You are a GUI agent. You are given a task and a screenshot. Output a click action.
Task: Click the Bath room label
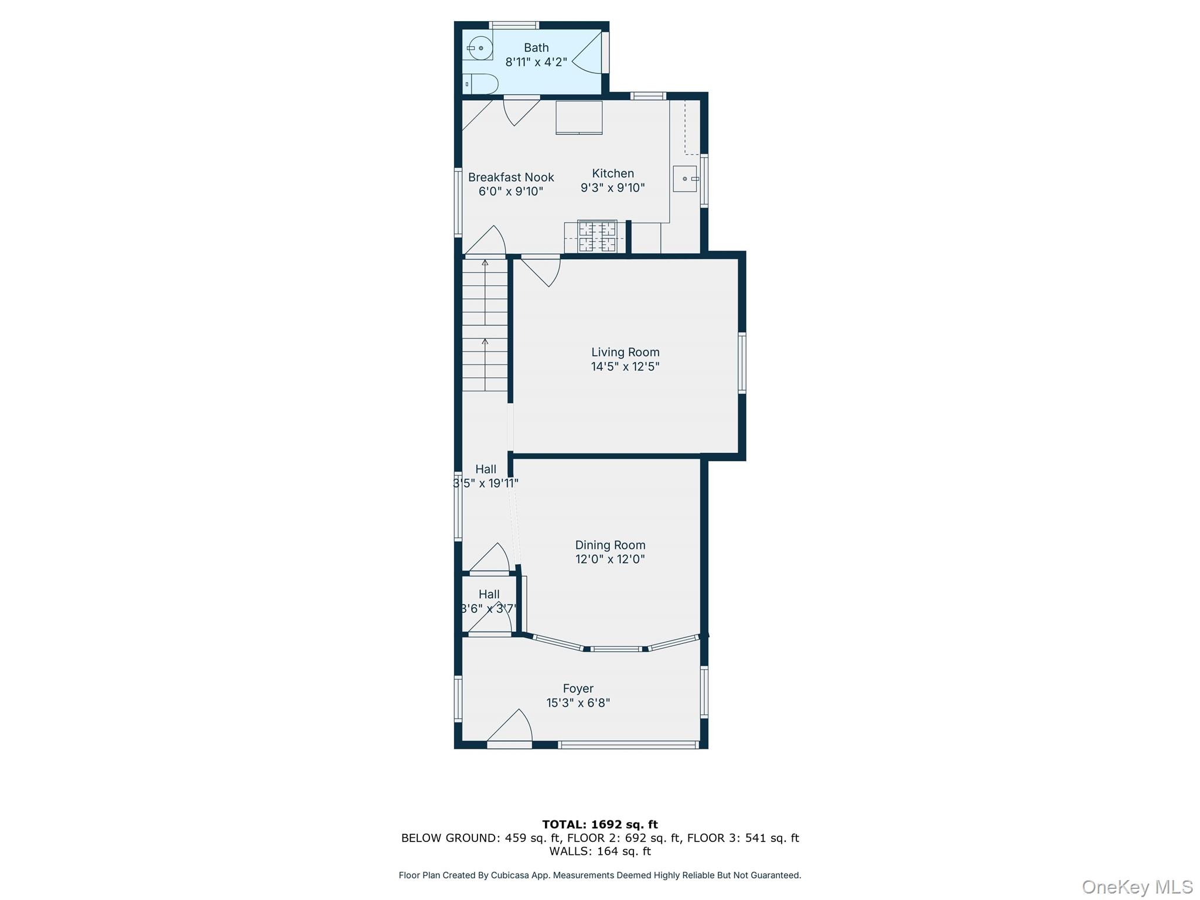[536, 48]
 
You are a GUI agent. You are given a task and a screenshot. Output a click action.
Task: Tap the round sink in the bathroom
[479, 47]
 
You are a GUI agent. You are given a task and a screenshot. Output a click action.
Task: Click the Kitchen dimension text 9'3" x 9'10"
[612, 188]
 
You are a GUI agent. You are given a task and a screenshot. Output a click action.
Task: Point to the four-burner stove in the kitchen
[597, 236]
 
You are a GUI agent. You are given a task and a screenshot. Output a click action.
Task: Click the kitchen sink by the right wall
[685, 179]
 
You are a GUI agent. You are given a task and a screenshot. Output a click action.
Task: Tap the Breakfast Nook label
[511, 178]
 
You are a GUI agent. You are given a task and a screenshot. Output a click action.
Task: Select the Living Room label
[625, 352]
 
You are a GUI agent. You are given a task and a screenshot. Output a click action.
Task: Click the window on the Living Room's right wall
[742, 362]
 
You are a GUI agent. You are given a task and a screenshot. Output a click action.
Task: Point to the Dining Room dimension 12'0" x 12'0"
[610, 559]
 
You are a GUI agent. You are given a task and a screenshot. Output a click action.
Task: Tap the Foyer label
[578, 688]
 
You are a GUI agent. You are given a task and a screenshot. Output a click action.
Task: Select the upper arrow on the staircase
[485, 264]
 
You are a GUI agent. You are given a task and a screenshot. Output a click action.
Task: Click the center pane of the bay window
[615, 649]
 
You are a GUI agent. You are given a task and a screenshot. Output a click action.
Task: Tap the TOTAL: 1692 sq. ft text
[600, 824]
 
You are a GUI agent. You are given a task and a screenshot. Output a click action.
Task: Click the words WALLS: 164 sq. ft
[600, 851]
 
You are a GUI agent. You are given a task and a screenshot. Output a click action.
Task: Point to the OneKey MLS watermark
[1137, 887]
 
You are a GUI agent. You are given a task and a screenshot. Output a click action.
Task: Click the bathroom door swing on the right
[588, 53]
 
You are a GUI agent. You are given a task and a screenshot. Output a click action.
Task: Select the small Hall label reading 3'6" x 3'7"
[489, 609]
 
